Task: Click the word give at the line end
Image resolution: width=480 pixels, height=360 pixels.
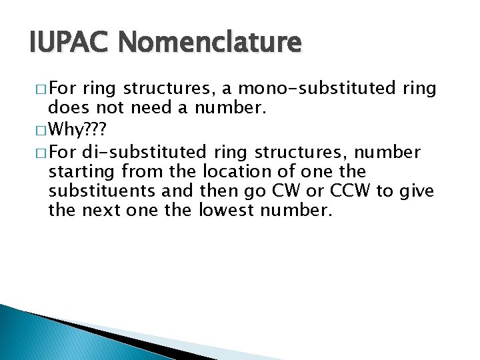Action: (417, 191)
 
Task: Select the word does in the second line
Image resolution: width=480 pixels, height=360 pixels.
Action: (67, 109)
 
